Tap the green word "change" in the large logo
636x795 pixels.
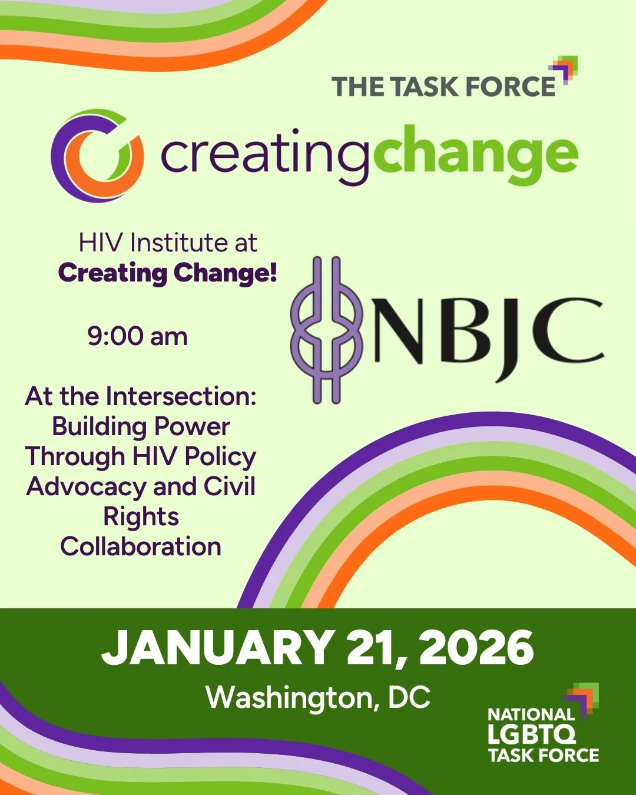pos(475,154)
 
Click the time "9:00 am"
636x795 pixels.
pos(138,336)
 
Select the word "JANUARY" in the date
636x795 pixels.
pos(218,647)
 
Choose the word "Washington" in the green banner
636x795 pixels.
pos(289,698)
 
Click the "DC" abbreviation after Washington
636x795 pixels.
pos(409,698)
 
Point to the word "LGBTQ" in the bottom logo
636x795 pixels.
pos(532,734)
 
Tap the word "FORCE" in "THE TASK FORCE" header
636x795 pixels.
pos(510,87)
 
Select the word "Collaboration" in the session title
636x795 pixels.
pos(141,546)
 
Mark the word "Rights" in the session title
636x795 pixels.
pos(141,516)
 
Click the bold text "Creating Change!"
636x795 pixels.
pos(168,273)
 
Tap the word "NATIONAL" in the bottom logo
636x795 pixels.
pos(531,714)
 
